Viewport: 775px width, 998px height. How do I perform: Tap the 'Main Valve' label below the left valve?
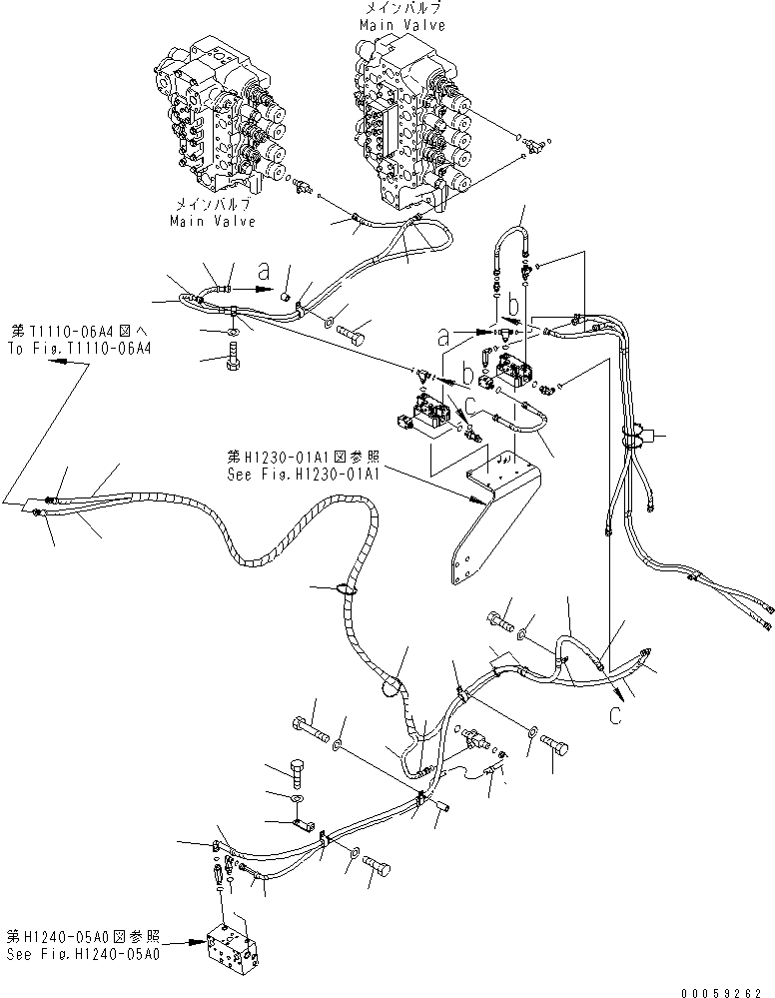point(212,221)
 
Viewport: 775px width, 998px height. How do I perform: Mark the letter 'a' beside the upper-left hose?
point(264,270)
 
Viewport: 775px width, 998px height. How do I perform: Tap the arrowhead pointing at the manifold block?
point(200,940)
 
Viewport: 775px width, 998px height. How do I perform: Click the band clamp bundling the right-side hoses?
point(633,436)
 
